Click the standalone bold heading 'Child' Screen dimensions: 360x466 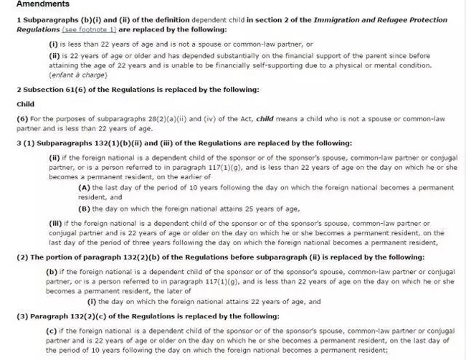click(26, 105)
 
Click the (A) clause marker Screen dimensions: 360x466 click(84, 188)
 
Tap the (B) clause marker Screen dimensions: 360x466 click(84, 209)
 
